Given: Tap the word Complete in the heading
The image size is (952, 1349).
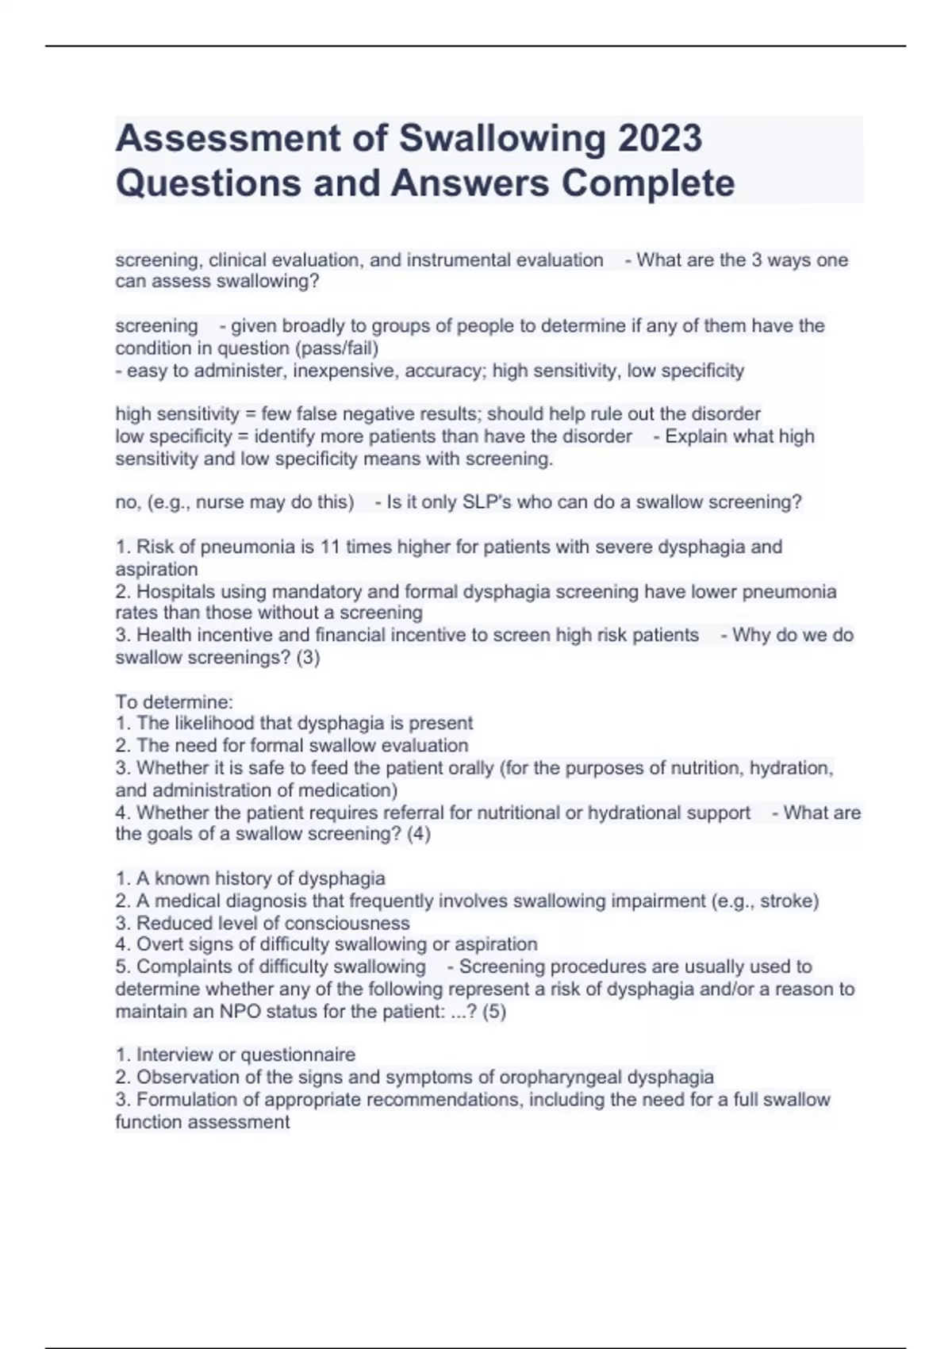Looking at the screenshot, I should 648,183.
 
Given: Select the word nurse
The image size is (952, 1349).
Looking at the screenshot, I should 219,502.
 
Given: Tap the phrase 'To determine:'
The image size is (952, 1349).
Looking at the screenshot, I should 175,701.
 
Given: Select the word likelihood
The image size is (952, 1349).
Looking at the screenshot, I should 214,723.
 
